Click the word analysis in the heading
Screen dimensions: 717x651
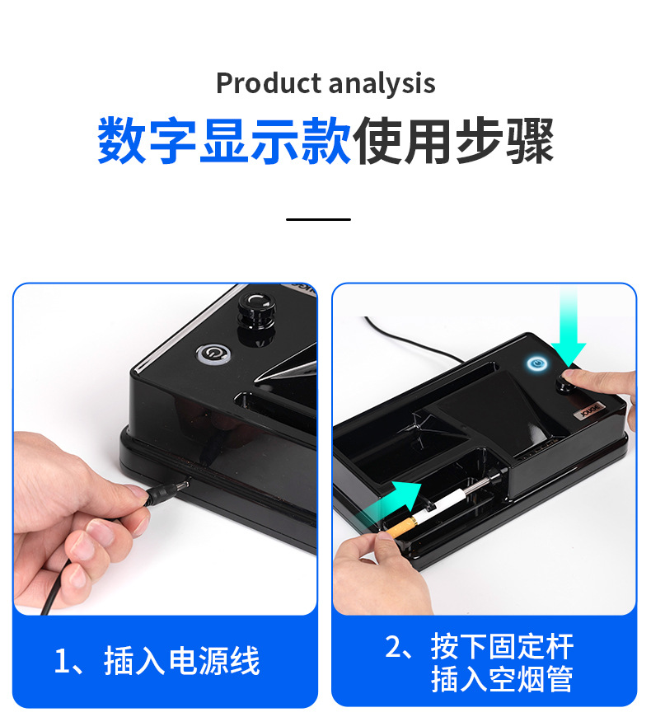381,83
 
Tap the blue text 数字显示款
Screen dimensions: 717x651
224,141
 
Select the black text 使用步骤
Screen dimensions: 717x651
452,141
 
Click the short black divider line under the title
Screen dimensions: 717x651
319,219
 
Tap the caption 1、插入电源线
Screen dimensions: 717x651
157,661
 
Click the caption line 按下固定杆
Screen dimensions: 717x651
481,646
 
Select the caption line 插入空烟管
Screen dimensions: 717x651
501,680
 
